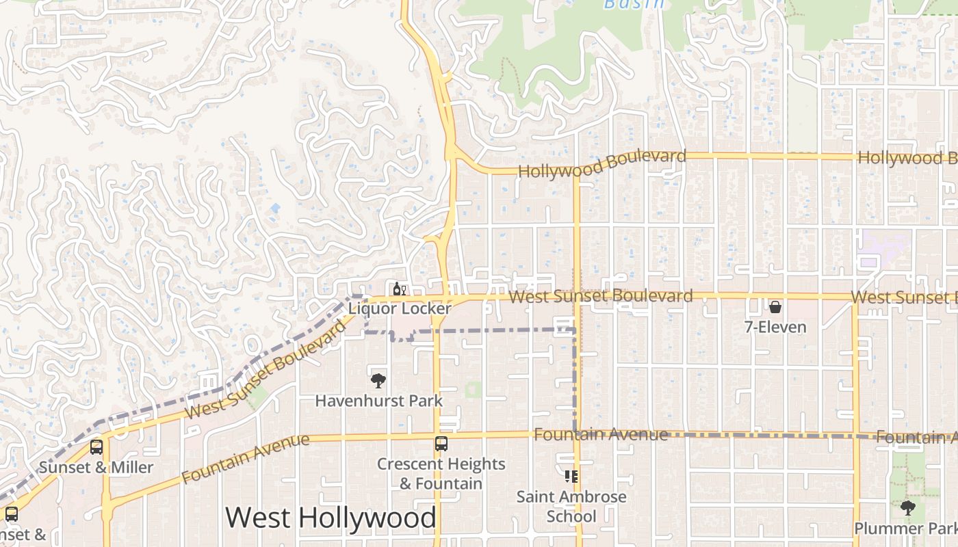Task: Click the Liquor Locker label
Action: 400,308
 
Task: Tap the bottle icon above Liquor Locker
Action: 400,289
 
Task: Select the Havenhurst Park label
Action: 378,401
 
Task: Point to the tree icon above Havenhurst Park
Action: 378,381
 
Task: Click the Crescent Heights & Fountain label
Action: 441,473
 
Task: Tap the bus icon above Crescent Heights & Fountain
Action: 441,444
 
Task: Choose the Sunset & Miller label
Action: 96,468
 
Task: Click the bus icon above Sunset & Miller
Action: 96,447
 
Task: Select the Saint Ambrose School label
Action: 571,506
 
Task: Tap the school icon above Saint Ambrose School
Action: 571,477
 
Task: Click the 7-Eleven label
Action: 775,327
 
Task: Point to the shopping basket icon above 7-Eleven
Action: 775,307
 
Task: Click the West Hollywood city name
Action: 331,518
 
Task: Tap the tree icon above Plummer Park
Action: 908,508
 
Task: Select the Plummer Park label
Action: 905,529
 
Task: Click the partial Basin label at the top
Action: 634,4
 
